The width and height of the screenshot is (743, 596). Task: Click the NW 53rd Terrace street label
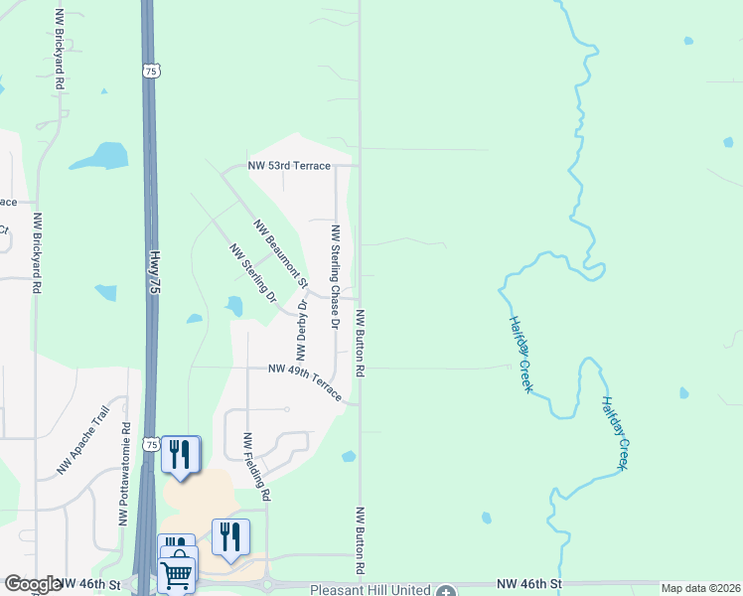pyautogui.click(x=288, y=166)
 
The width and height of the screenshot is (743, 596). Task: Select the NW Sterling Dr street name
pyautogui.click(x=252, y=272)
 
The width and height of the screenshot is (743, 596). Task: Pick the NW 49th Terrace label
pyautogui.click(x=306, y=382)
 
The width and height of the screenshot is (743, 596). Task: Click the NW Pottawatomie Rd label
pyautogui.click(x=125, y=474)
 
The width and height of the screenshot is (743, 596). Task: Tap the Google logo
pyautogui.click(x=32, y=584)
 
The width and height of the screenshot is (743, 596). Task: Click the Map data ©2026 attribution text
pyautogui.click(x=700, y=588)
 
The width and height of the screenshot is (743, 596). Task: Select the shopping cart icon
pyautogui.click(x=177, y=573)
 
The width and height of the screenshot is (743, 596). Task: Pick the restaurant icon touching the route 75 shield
pyautogui.click(x=180, y=453)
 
